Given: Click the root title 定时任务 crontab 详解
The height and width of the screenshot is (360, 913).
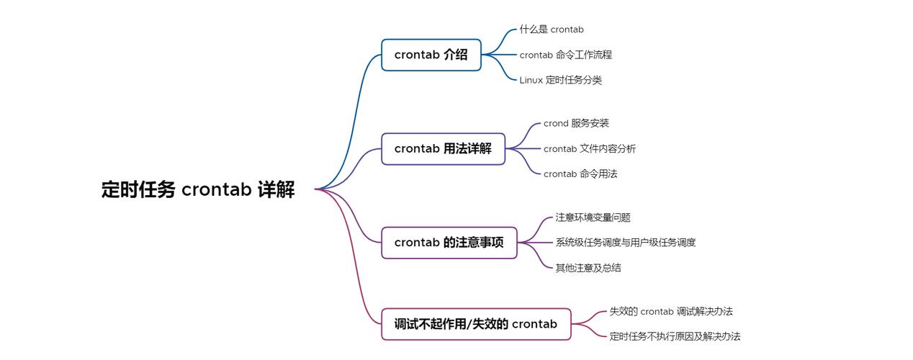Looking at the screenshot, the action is pos(198,189).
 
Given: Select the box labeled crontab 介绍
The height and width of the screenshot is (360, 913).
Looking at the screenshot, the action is pos(431,55).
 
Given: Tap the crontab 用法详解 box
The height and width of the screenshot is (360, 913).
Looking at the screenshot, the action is pos(443,149).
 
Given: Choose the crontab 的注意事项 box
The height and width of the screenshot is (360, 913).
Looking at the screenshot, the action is pos(449,243).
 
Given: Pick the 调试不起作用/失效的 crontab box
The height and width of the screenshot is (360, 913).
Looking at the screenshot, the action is pos(476,324).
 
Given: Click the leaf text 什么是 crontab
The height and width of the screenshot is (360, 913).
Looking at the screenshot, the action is pos(552,30).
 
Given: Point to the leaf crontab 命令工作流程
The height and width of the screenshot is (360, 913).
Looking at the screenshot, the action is pos(566,55).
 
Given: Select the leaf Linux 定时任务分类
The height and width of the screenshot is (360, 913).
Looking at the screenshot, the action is pos(560,80).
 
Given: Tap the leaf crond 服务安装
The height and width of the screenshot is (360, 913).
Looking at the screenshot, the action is pos(576,123).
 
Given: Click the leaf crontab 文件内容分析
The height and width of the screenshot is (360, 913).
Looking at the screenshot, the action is pos(590,149).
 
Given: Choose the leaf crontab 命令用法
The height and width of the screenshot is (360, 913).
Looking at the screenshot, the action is pos(580,174).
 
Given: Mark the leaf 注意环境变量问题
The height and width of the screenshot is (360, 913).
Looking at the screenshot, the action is pos(593,217).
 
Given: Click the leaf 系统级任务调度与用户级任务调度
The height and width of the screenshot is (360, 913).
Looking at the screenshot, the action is pos(626,243).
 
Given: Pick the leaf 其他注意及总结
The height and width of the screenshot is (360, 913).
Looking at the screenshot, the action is pos(588,268).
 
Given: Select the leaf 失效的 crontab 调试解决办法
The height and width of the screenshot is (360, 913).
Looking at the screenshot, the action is pos(671,312).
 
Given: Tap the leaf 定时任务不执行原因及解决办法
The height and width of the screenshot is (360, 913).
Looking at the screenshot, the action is pos(675,336).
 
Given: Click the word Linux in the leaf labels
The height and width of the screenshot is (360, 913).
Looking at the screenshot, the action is pos(531,80).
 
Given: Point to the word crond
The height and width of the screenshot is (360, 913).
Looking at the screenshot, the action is pos(556,123).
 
